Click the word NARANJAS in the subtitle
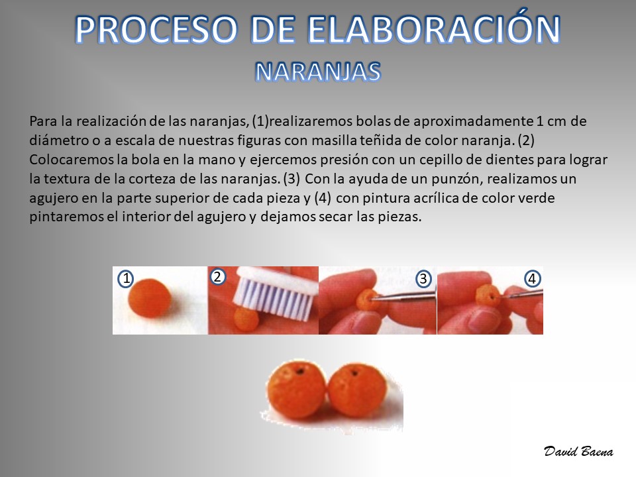[318, 72]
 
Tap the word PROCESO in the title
[156, 29]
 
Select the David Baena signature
[578, 451]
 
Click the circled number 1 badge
[126, 279]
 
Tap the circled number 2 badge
[217, 277]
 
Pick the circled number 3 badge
[423, 279]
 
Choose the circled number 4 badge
[532, 279]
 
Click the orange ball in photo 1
[149, 299]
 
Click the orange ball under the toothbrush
[246, 319]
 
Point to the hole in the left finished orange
[299, 371]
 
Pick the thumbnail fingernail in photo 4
[484, 319]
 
